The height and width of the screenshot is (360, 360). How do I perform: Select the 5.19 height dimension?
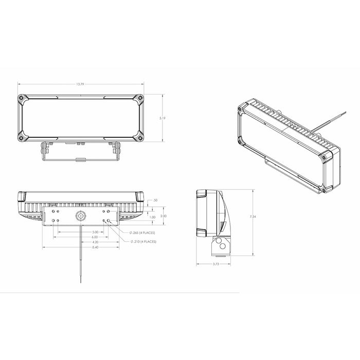[163, 118]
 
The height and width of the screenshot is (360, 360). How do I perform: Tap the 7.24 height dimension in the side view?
[253, 218]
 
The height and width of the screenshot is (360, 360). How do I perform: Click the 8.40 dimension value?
[80, 247]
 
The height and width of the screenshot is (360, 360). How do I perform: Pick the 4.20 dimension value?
[80, 242]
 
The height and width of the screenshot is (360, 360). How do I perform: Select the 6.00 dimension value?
[80, 237]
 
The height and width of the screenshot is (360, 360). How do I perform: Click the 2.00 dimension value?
[163, 216]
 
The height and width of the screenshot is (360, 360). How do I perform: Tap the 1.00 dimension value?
[152, 217]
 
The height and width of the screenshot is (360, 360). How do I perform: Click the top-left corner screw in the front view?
[21, 98]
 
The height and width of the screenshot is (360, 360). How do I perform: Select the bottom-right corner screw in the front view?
[139, 137]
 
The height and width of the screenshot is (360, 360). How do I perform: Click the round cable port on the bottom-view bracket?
[80, 216]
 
